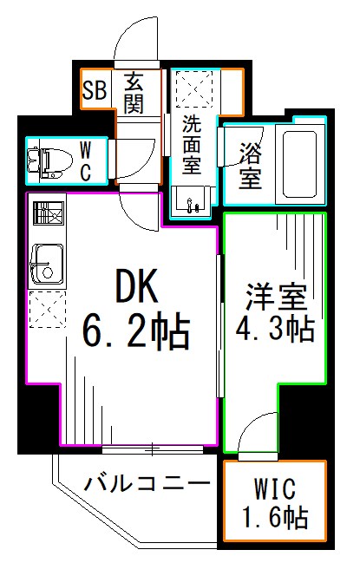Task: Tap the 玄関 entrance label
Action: pos(134,92)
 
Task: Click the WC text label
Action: pos(87,160)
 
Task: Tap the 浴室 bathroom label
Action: pos(250,167)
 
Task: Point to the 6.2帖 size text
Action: pos(137,331)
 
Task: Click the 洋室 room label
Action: pos(275,298)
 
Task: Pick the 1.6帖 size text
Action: pos(275,519)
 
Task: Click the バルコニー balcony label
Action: pos(147,483)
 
